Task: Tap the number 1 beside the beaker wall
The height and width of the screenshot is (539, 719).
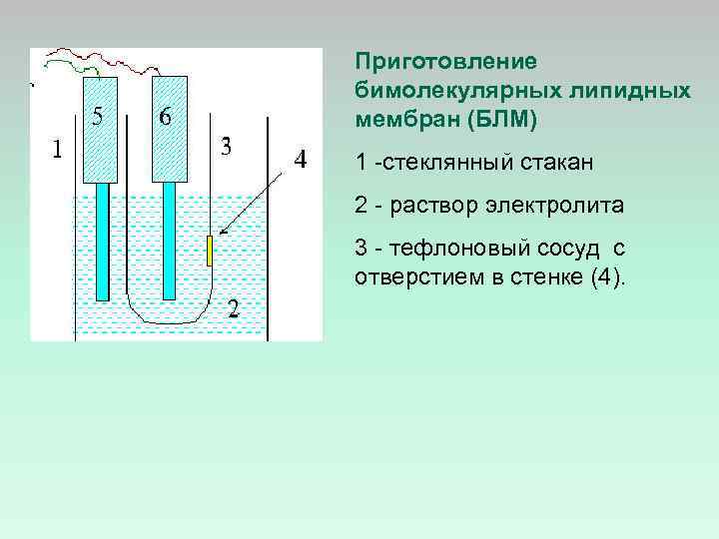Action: tap(57, 151)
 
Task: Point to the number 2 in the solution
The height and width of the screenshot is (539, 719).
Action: tap(232, 306)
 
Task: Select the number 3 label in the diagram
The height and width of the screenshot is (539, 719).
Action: tap(227, 147)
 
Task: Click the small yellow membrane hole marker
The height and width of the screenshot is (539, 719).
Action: tap(210, 251)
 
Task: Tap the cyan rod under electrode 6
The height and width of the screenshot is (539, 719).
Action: tap(169, 240)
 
